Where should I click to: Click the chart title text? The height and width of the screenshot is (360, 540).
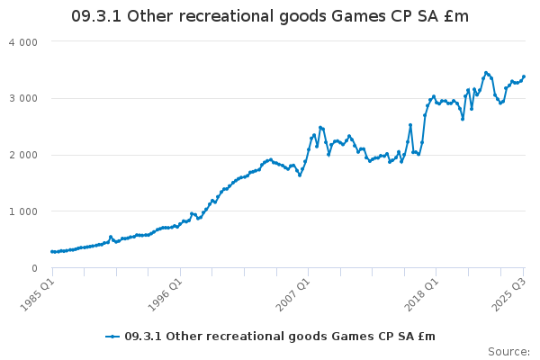(270, 17)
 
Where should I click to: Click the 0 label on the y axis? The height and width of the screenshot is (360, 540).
(34, 268)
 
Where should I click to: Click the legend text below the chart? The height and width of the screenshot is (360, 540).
(279, 336)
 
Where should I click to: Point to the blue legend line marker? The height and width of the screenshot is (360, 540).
(112, 337)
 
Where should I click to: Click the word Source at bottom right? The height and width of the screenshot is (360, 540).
(508, 351)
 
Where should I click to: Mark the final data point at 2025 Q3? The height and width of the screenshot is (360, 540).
(524, 76)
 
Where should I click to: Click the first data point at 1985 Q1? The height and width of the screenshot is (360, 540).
(52, 251)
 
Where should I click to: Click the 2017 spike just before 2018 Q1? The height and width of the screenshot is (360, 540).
(410, 125)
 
